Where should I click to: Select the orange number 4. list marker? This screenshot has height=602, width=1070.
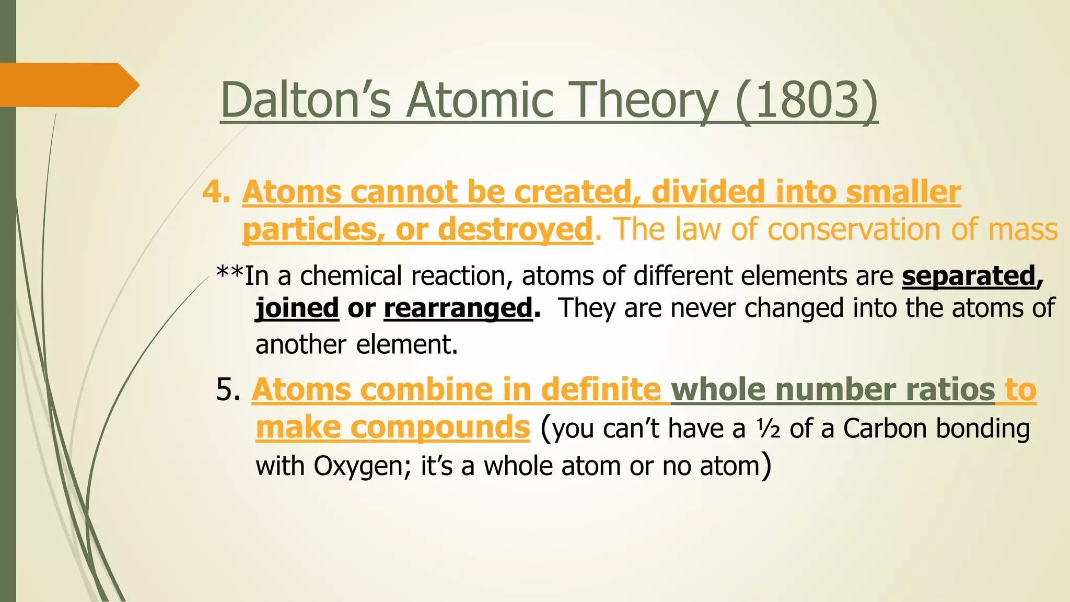tap(216, 192)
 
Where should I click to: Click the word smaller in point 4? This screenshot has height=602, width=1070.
tap(903, 192)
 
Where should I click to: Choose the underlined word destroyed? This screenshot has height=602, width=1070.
tap(515, 229)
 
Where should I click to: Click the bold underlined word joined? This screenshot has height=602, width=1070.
tap(297, 307)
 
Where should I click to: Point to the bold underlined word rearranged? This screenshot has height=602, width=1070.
tap(458, 307)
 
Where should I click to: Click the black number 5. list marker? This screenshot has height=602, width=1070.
tap(228, 390)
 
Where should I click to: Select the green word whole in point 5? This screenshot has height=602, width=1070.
tap(718, 390)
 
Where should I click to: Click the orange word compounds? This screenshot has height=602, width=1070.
tap(440, 427)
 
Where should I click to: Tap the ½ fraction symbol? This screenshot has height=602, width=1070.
tap(768, 429)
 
